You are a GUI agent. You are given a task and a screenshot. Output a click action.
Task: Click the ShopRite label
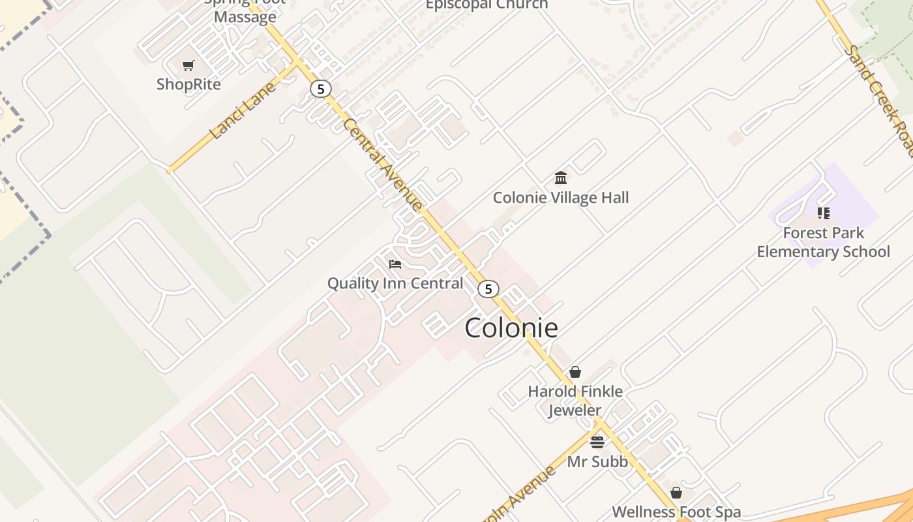pyautogui.click(x=188, y=84)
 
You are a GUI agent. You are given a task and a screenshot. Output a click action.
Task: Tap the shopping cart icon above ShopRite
pyautogui.click(x=188, y=65)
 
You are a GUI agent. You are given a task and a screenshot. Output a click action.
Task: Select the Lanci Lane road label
pyautogui.click(x=243, y=110)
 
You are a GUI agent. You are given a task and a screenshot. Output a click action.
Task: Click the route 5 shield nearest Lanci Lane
pyautogui.click(x=320, y=88)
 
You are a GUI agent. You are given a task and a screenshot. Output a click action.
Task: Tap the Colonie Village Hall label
pyautogui.click(x=561, y=198)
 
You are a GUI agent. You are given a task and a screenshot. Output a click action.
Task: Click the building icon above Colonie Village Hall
pyautogui.click(x=561, y=177)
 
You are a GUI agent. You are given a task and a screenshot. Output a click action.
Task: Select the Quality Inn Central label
pyautogui.click(x=395, y=283)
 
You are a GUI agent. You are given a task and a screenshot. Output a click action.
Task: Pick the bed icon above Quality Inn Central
pyautogui.click(x=395, y=264)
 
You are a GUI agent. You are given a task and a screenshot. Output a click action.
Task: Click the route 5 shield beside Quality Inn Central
pyautogui.click(x=488, y=289)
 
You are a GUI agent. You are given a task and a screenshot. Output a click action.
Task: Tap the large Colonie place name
pyautogui.click(x=511, y=328)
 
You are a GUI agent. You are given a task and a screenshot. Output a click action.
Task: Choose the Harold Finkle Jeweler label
pyautogui.click(x=575, y=401)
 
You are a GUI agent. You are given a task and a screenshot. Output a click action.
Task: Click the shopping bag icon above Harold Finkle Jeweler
pyautogui.click(x=575, y=372)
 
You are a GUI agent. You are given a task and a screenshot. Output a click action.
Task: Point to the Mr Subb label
pyautogui.click(x=597, y=462)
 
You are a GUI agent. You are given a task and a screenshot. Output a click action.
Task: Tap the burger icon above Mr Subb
pyautogui.click(x=597, y=442)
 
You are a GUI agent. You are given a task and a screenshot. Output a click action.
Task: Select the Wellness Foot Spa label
pyautogui.click(x=676, y=512)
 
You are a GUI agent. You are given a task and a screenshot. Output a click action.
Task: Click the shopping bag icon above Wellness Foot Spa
pyautogui.click(x=676, y=493)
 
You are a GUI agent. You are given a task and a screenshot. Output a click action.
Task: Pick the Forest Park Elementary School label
pyautogui.click(x=823, y=242)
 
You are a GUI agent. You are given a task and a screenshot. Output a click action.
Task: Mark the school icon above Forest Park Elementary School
pyautogui.click(x=824, y=213)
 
